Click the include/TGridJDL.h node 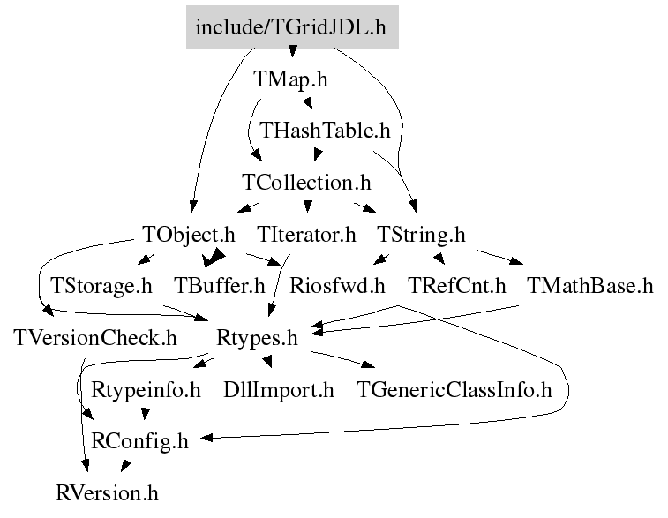pyautogui.click(x=291, y=27)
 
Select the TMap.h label pyautogui.click(x=291, y=79)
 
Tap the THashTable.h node pyautogui.click(x=325, y=131)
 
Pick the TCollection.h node pyautogui.click(x=306, y=183)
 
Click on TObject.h pyautogui.click(x=189, y=235)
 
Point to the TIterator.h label pyautogui.click(x=306, y=235)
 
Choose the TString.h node pyautogui.click(x=421, y=235)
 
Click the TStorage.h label pyautogui.click(x=101, y=286)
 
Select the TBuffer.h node pyautogui.click(x=220, y=286)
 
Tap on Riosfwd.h pyautogui.click(x=338, y=286)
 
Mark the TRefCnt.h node pyautogui.click(x=457, y=286)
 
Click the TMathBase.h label pyautogui.click(x=589, y=286)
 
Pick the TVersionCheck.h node pyautogui.click(x=95, y=338)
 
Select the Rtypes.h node pyautogui.click(x=257, y=338)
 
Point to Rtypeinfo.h pyautogui.click(x=146, y=389)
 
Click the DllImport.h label pyautogui.click(x=279, y=389)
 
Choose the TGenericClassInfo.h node pyautogui.click(x=454, y=389)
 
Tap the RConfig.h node pyautogui.click(x=140, y=441)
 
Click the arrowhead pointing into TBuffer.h pyautogui.click(x=212, y=259)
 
